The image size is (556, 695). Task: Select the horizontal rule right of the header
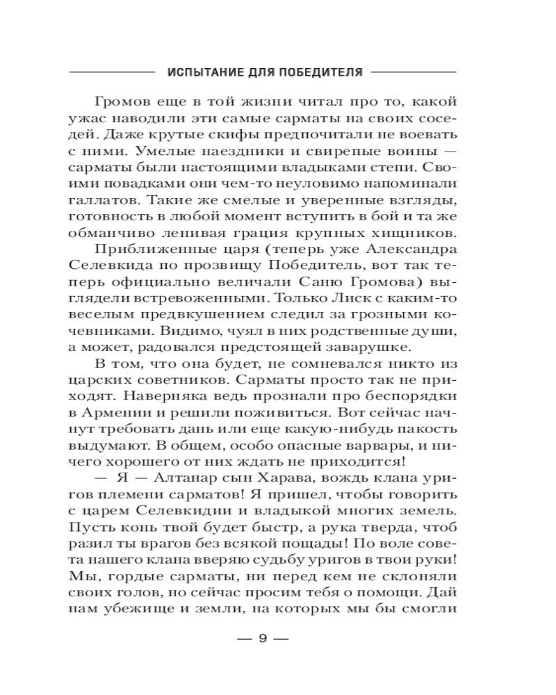414,72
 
